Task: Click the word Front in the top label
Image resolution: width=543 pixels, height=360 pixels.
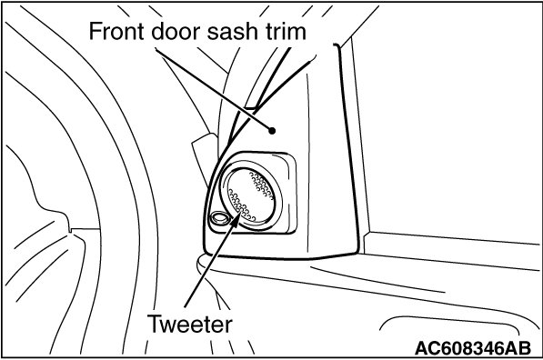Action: [x=117, y=31]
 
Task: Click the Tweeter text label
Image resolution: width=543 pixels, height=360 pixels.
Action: [x=190, y=324]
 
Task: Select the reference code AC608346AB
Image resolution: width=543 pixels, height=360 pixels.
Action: [x=473, y=348]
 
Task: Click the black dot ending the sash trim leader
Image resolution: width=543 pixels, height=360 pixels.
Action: [x=272, y=131]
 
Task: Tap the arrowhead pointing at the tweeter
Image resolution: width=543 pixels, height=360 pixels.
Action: [x=236, y=219]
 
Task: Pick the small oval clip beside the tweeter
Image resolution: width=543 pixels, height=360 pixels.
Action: [x=219, y=218]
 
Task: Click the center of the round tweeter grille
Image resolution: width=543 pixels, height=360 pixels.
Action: [x=250, y=196]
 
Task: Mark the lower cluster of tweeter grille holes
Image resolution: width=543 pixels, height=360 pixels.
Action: [x=240, y=205]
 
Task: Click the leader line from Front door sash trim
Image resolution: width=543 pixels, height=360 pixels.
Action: [x=214, y=90]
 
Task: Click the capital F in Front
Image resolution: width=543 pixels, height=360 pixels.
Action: [x=96, y=31]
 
